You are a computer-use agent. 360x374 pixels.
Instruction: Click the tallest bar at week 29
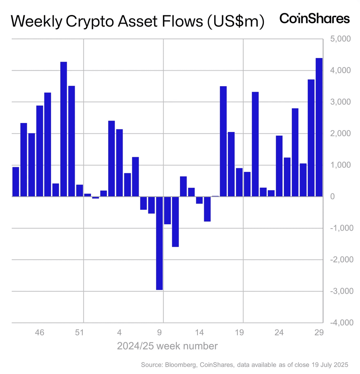(x=319, y=127)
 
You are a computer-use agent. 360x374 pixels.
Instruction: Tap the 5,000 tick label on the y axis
(x=340, y=39)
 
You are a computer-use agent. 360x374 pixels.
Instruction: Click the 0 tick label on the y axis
(x=332, y=196)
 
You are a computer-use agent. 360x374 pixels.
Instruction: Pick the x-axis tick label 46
(x=40, y=332)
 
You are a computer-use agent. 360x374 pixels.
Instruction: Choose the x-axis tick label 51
(x=79, y=332)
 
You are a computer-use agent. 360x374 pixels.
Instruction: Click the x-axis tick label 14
(x=199, y=332)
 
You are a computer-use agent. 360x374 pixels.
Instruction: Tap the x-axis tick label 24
(x=279, y=332)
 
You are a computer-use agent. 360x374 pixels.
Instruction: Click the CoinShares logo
(x=315, y=19)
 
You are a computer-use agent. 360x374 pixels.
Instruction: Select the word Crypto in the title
(x=90, y=22)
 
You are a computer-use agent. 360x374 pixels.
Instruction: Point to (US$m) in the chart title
(x=236, y=22)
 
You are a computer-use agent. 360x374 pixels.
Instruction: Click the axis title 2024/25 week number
(x=167, y=346)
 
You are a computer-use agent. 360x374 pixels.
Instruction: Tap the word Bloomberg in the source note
(x=181, y=365)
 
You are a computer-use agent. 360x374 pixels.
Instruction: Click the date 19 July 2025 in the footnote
(x=330, y=365)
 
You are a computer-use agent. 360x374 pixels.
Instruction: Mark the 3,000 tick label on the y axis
(x=340, y=102)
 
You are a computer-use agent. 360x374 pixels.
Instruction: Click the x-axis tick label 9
(x=159, y=332)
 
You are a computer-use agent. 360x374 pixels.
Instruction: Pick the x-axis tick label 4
(x=119, y=332)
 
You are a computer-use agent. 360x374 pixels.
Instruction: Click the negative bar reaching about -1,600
(x=175, y=222)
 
